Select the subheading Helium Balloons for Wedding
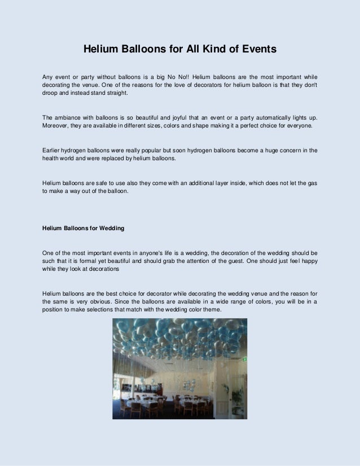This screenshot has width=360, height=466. point(84,228)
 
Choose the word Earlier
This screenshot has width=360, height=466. point(54,150)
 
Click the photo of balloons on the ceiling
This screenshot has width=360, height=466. point(179,368)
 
